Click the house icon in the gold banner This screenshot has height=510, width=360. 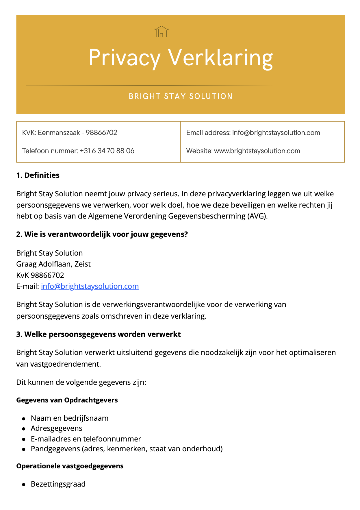[x=162, y=32]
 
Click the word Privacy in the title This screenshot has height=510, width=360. [x=124, y=58]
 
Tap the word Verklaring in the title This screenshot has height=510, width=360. [x=220, y=58]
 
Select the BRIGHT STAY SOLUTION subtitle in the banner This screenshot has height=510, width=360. [x=181, y=96]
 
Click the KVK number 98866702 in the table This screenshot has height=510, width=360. [x=101, y=133]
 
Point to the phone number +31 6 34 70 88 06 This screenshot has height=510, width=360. [x=107, y=151]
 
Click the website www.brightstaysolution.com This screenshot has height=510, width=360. [x=257, y=151]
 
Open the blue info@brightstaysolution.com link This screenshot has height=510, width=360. [x=90, y=286]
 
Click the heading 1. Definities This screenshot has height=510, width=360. [x=38, y=175]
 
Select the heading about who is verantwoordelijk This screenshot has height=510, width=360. [x=102, y=234]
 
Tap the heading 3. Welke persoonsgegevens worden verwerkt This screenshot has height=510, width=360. [x=99, y=334]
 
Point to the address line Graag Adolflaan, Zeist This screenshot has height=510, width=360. [x=53, y=264]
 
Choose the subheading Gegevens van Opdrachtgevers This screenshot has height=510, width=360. [x=67, y=400]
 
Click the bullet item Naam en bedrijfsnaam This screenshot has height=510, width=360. [x=70, y=418]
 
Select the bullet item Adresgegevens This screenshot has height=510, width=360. [x=57, y=428]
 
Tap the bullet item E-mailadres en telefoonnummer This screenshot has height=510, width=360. [x=86, y=439]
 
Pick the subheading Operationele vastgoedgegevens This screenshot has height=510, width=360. [x=70, y=466]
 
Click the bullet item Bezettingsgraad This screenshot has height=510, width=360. [x=58, y=484]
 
